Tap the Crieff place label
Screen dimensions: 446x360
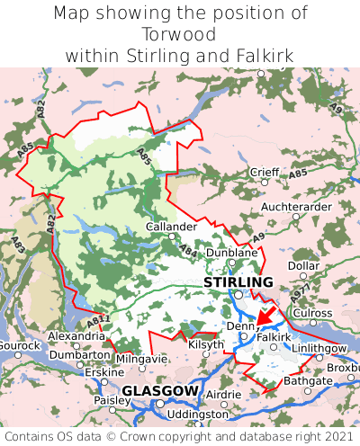click(265, 172)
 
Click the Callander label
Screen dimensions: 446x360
click(171, 227)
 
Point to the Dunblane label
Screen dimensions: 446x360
click(232, 254)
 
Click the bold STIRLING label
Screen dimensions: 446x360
click(238, 282)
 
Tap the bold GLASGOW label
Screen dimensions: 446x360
click(159, 391)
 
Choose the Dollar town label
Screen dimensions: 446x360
click(304, 266)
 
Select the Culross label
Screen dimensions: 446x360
click(313, 312)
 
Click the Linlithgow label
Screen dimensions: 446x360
click(319, 348)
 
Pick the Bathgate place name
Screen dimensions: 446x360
click(308, 381)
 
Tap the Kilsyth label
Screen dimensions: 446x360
click(205, 344)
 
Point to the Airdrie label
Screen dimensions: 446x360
click(225, 395)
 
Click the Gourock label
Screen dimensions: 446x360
click(19, 345)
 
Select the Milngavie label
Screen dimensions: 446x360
click(141, 359)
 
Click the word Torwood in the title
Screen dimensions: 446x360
click(179, 34)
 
